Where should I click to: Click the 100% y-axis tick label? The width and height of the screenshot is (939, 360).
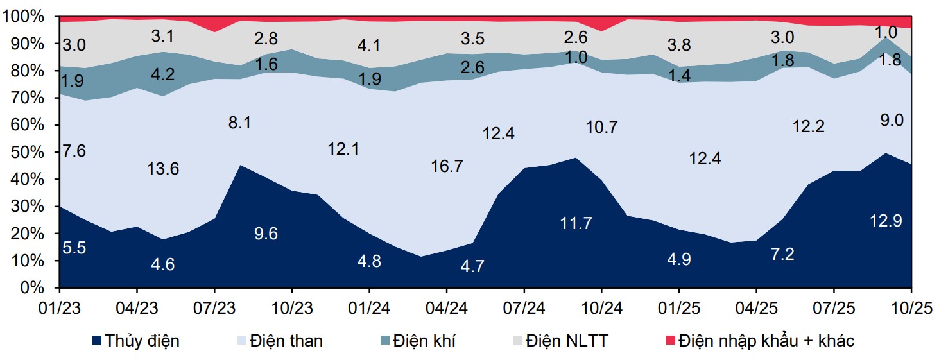click(x=24, y=17)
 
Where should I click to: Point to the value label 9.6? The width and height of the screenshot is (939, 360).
click(x=266, y=234)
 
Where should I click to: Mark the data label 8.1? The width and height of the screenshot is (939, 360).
click(x=239, y=122)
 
